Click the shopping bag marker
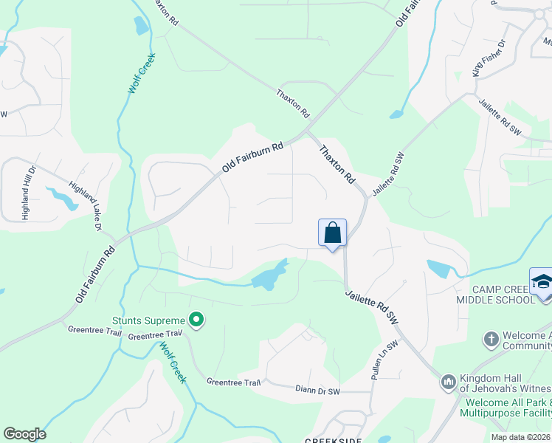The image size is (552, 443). pyautogui.click(x=333, y=233)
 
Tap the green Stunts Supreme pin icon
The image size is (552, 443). pyautogui.click(x=196, y=320)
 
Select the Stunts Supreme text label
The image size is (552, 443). pyautogui.click(x=148, y=320)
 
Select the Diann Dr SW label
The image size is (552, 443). pyautogui.click(x=318, y=389)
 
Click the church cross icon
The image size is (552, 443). pyautogui.click(x=491, y=340)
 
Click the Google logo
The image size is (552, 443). pyautogui.click(x=24, y=434)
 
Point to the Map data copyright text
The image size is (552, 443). pyautogui.click(x=521, y=437)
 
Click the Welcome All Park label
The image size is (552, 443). pyautogui.click(x=508, y=404)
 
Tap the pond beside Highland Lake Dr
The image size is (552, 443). pyautogui.click(x=61, y=198)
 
